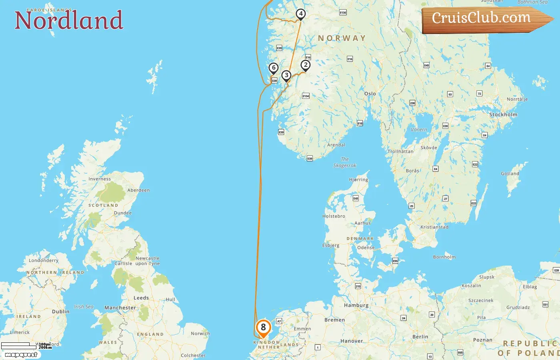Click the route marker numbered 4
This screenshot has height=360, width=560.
click(300, 14)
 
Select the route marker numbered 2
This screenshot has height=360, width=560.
click(306, 65)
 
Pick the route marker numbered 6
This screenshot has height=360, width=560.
click(274, 68)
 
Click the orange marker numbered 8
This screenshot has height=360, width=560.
click(263, 328)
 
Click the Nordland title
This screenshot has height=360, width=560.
click(69, 20)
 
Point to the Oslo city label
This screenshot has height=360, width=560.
click(370, 94)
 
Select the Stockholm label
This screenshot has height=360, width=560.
click(503, 114)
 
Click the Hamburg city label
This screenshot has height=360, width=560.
click(356, 305)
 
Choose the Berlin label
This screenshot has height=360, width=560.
click(420, 337)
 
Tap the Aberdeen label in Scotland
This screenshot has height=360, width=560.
click(138, 190)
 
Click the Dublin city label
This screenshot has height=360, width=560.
click(61, 312)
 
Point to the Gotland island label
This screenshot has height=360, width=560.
click(510, 174)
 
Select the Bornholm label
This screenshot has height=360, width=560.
click(444, 257)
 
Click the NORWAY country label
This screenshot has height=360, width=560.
click(342, 38)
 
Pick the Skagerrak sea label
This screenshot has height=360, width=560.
click(345, 162)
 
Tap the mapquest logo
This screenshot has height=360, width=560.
click(21, 354)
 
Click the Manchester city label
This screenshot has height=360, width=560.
click(120, 308)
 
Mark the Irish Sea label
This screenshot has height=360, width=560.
click(84, 307)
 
